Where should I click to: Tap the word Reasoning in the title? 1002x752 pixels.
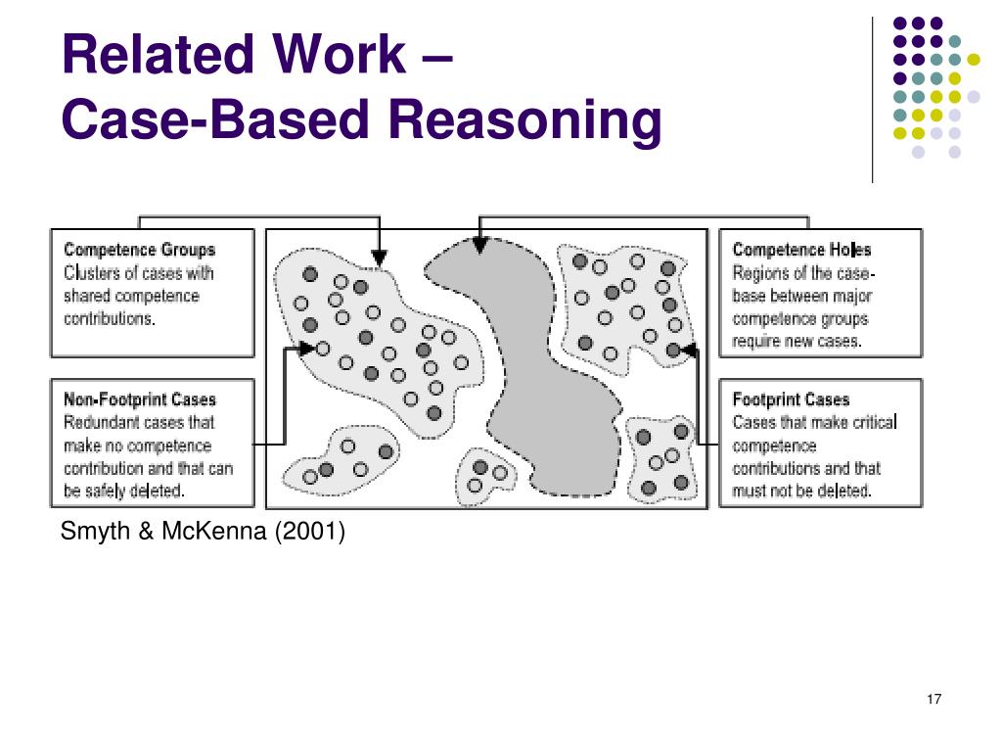(525, 120)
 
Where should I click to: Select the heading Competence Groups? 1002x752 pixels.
(139, 250)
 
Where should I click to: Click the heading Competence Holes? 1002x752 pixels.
(801, 250)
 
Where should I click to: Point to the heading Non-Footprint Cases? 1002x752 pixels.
(139, 399)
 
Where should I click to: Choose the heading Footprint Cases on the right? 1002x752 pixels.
(791, 399)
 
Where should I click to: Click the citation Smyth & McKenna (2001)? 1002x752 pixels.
(203, 532)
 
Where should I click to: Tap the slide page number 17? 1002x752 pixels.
(933, 699)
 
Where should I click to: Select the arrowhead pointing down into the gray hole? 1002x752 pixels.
(479, 246)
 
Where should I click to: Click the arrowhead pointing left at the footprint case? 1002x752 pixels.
(688, 350)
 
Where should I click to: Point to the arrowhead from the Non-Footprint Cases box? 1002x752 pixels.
(306, 348)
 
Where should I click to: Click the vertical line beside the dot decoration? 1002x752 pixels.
(872, 98)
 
